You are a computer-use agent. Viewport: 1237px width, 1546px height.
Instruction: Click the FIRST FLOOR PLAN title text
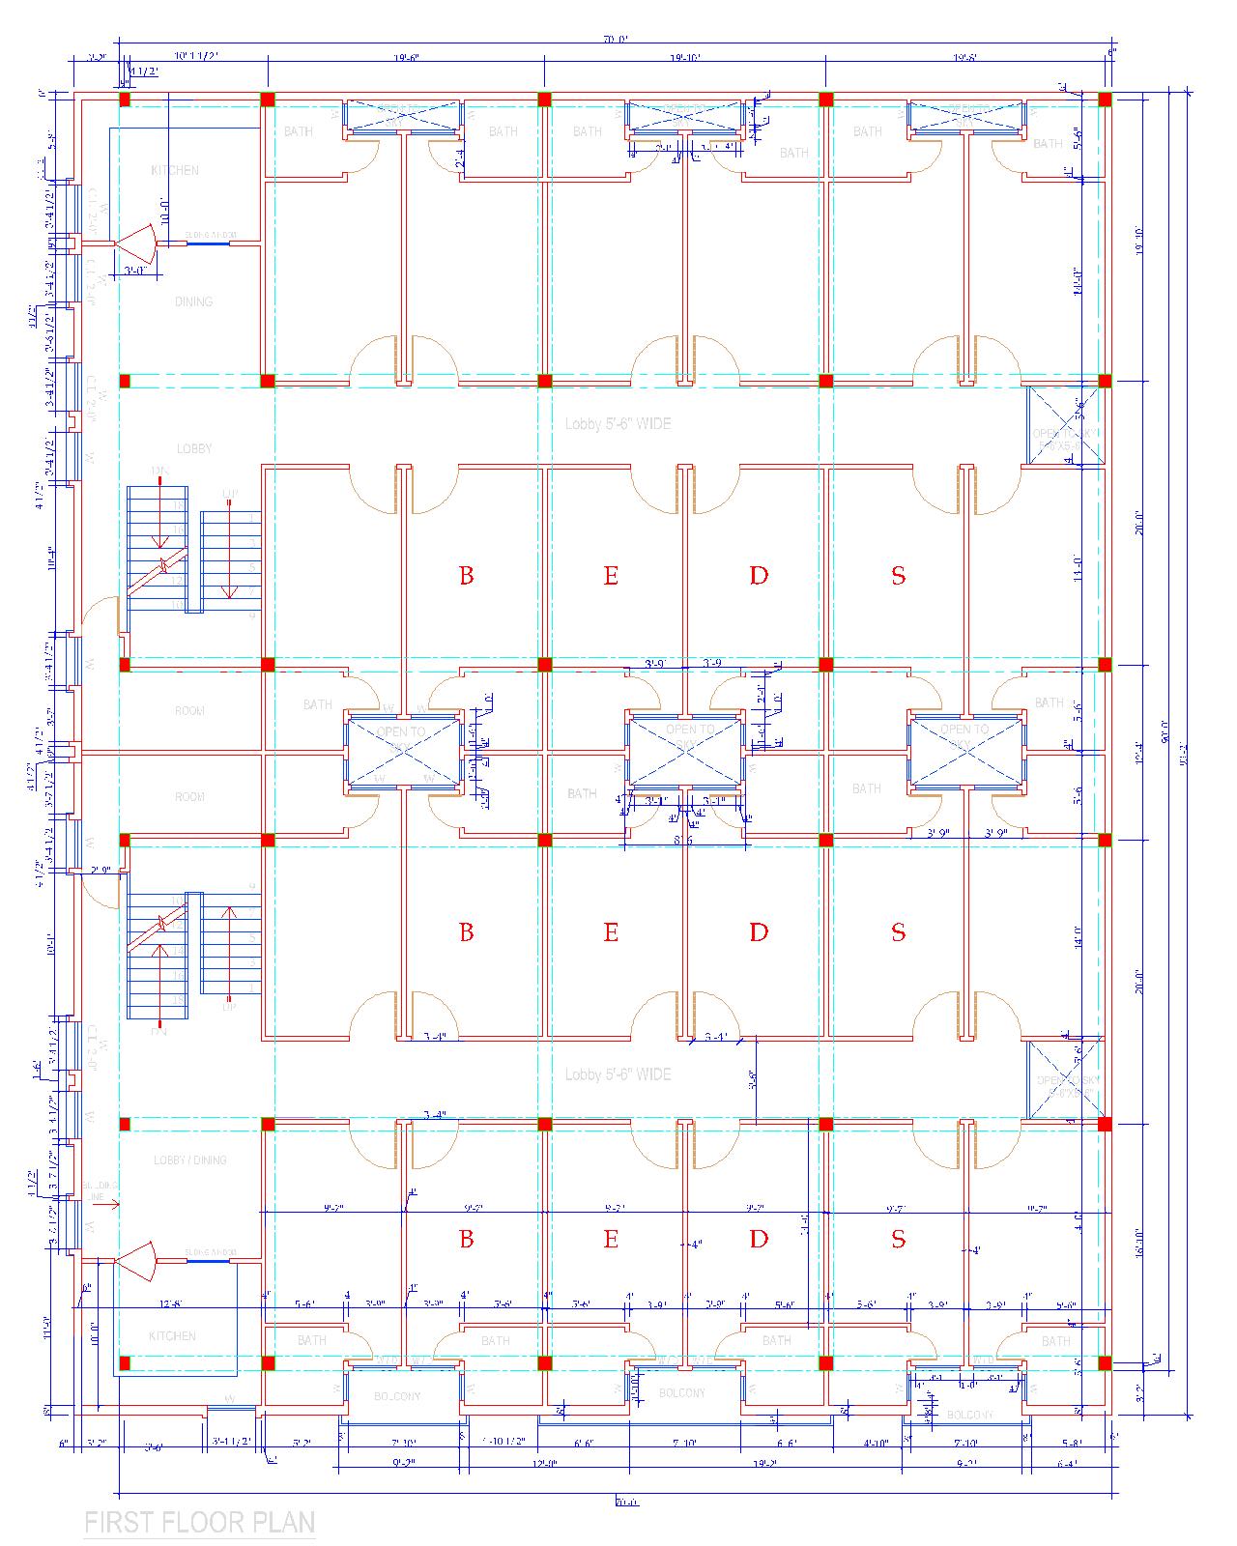pyautogui.click(x=200, y=1523)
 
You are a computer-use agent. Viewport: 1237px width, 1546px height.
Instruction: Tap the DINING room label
pyautogui.click(x=193, y=301)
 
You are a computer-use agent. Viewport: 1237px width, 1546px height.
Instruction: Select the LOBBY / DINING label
pyautogui.click(x=189, y=1159)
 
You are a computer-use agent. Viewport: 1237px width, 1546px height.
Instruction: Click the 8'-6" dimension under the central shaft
pyautogui.click(x=683, y=841)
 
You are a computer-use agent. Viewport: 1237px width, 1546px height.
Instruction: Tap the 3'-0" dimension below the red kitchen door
pyautogui.click(x=134, y=272)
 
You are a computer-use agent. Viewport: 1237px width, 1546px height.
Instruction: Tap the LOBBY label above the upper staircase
pyautogui.click(x=193, y=448)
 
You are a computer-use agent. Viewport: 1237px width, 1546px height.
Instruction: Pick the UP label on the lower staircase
pyautogui.click(x=229, y=1007)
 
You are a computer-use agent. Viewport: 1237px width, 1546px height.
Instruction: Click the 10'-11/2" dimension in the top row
pyautogui.click(x=197, y=57)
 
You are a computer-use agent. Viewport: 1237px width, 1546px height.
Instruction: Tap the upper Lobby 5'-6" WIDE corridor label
pyautogui.click(x=618, y=423)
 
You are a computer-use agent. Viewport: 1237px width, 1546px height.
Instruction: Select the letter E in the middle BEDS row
pyautogui.click(x=611, y=932)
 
